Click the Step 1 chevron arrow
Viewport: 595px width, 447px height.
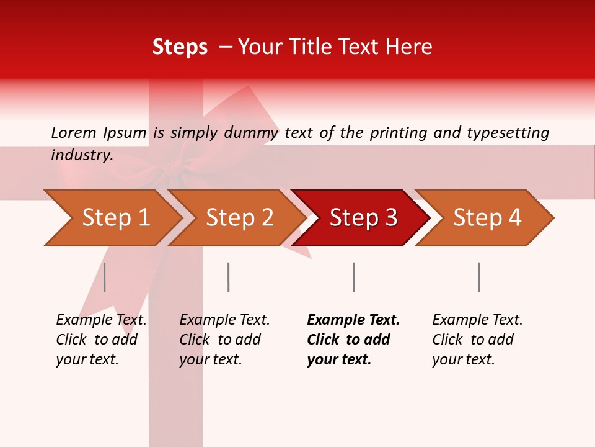pos(112,218)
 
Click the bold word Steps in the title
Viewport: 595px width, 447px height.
pos(180,47)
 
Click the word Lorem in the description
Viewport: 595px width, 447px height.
pos(74,132)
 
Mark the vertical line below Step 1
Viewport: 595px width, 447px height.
pos(105,277)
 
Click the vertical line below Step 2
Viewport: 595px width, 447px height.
pos(229,277)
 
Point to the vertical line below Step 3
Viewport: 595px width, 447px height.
pos(353,277)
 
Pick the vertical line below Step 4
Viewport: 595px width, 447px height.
pos(478,277)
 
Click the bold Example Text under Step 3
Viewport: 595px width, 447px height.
pos(353,320)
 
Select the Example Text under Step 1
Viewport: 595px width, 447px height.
pos(101,320)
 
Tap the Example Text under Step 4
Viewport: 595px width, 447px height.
pos(477,320)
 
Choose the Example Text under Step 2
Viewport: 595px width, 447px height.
pos(224,320)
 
